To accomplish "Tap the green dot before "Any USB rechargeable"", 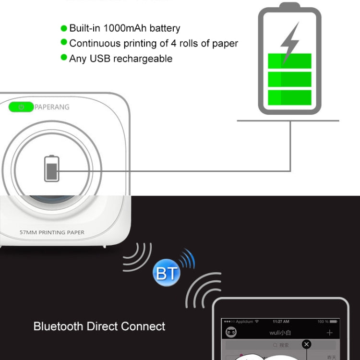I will tap(64, 58).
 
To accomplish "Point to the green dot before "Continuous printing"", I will tap(64, 43).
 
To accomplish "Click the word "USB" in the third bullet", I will tap(101, 59).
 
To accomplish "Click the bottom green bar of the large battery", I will tap(289, 97).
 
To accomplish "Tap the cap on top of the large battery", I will tap(289, 6).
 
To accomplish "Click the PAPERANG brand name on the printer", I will tap(52, 107).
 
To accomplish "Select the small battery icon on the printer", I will tap(52, 168).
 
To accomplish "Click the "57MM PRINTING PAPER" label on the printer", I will tap(52, 232).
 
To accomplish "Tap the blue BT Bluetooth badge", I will tap(167, 273).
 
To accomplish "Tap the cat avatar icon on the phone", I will tap(231, 333).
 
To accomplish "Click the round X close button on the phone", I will tap(306, 344).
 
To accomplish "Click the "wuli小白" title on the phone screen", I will tap(280, 333).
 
